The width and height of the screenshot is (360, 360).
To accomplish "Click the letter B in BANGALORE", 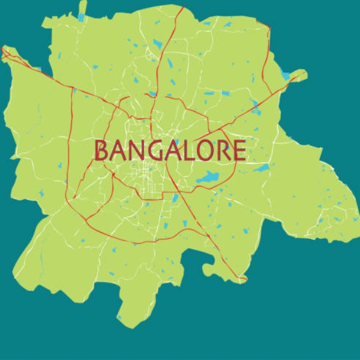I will (x=103, y=151).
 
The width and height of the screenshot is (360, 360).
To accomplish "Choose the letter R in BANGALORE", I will (x=223, y=151).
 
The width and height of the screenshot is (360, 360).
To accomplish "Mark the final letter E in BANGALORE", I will (x=239, y=151).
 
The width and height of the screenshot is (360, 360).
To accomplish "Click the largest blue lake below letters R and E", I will (x=208, y=178).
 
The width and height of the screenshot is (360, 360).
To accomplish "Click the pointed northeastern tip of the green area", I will (x=305, y=72).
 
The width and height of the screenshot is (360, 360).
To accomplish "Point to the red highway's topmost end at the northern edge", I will (x=181, y=7).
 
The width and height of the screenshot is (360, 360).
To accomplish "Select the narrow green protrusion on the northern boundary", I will (x=81, y=13).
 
